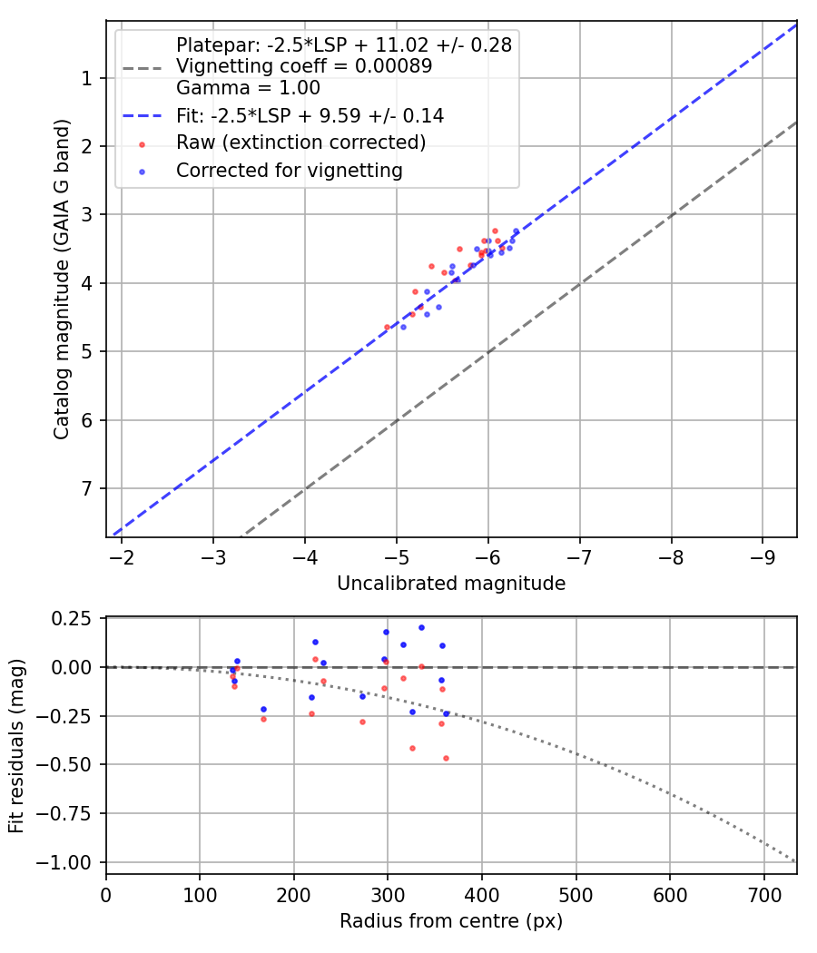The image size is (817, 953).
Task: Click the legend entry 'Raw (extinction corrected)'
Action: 300,142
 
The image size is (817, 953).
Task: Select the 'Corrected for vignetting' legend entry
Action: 289,170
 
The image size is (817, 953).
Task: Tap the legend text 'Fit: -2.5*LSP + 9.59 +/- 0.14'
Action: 310,116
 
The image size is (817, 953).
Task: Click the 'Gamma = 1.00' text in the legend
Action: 248,88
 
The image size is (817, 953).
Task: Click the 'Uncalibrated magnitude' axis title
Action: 451,584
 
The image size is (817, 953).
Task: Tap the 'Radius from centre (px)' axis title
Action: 451,921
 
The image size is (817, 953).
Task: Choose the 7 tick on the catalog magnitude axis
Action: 86,489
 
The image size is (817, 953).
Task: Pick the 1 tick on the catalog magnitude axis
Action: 86,78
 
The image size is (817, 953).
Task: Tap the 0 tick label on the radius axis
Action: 106,895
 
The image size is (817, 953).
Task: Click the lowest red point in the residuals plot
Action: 446,758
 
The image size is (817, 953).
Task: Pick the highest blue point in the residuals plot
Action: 421,627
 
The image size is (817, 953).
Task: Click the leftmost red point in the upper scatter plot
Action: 387,327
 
